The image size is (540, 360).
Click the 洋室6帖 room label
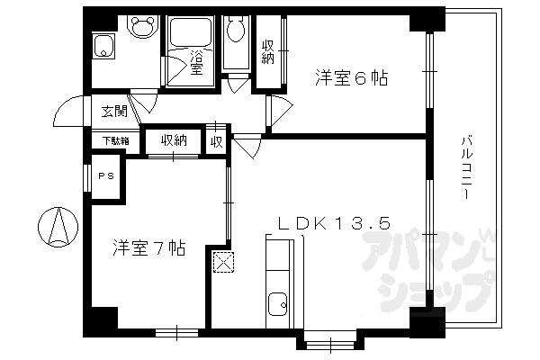click(x=351, y=78)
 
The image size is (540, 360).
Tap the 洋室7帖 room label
click(x=148, y=247)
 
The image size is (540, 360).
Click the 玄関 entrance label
click(x=112, y=112)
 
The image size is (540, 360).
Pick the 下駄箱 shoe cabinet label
click(x=114, y=140)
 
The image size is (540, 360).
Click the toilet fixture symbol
click(x=237, y=34)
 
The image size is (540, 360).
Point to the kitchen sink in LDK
click(x=278, y=303)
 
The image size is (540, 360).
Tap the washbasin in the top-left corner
click(x=103, y=45)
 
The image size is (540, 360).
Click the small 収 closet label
click(x=216, y=141)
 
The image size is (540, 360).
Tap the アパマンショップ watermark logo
click(x=432, y=270)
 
